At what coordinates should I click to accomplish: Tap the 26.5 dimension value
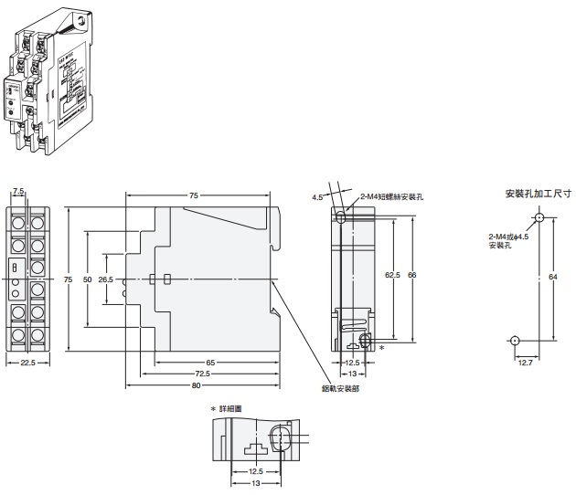pyautogui.click(x=105, y=279)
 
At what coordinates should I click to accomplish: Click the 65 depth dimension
pyautogui.click(x=210, y=363)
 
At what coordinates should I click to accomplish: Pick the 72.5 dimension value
pyautogui.click(x=202, y=374)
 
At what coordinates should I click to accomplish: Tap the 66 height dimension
pyautogui.click(x=412, y=273)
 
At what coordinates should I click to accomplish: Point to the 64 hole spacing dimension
pyautogui.click(x=553, y=279)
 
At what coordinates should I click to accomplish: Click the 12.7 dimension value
pyautogui.click(x=524, y=362)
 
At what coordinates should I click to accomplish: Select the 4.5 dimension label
pyautogui.click(x=316, y=196)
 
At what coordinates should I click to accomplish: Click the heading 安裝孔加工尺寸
pyautogui.click(x=538, y=194)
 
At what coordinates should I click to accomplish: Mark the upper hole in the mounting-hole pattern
pyautogui.click(x=539, y=219)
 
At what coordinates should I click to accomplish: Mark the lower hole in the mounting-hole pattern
pyautogui.click(x=515, y=341)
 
